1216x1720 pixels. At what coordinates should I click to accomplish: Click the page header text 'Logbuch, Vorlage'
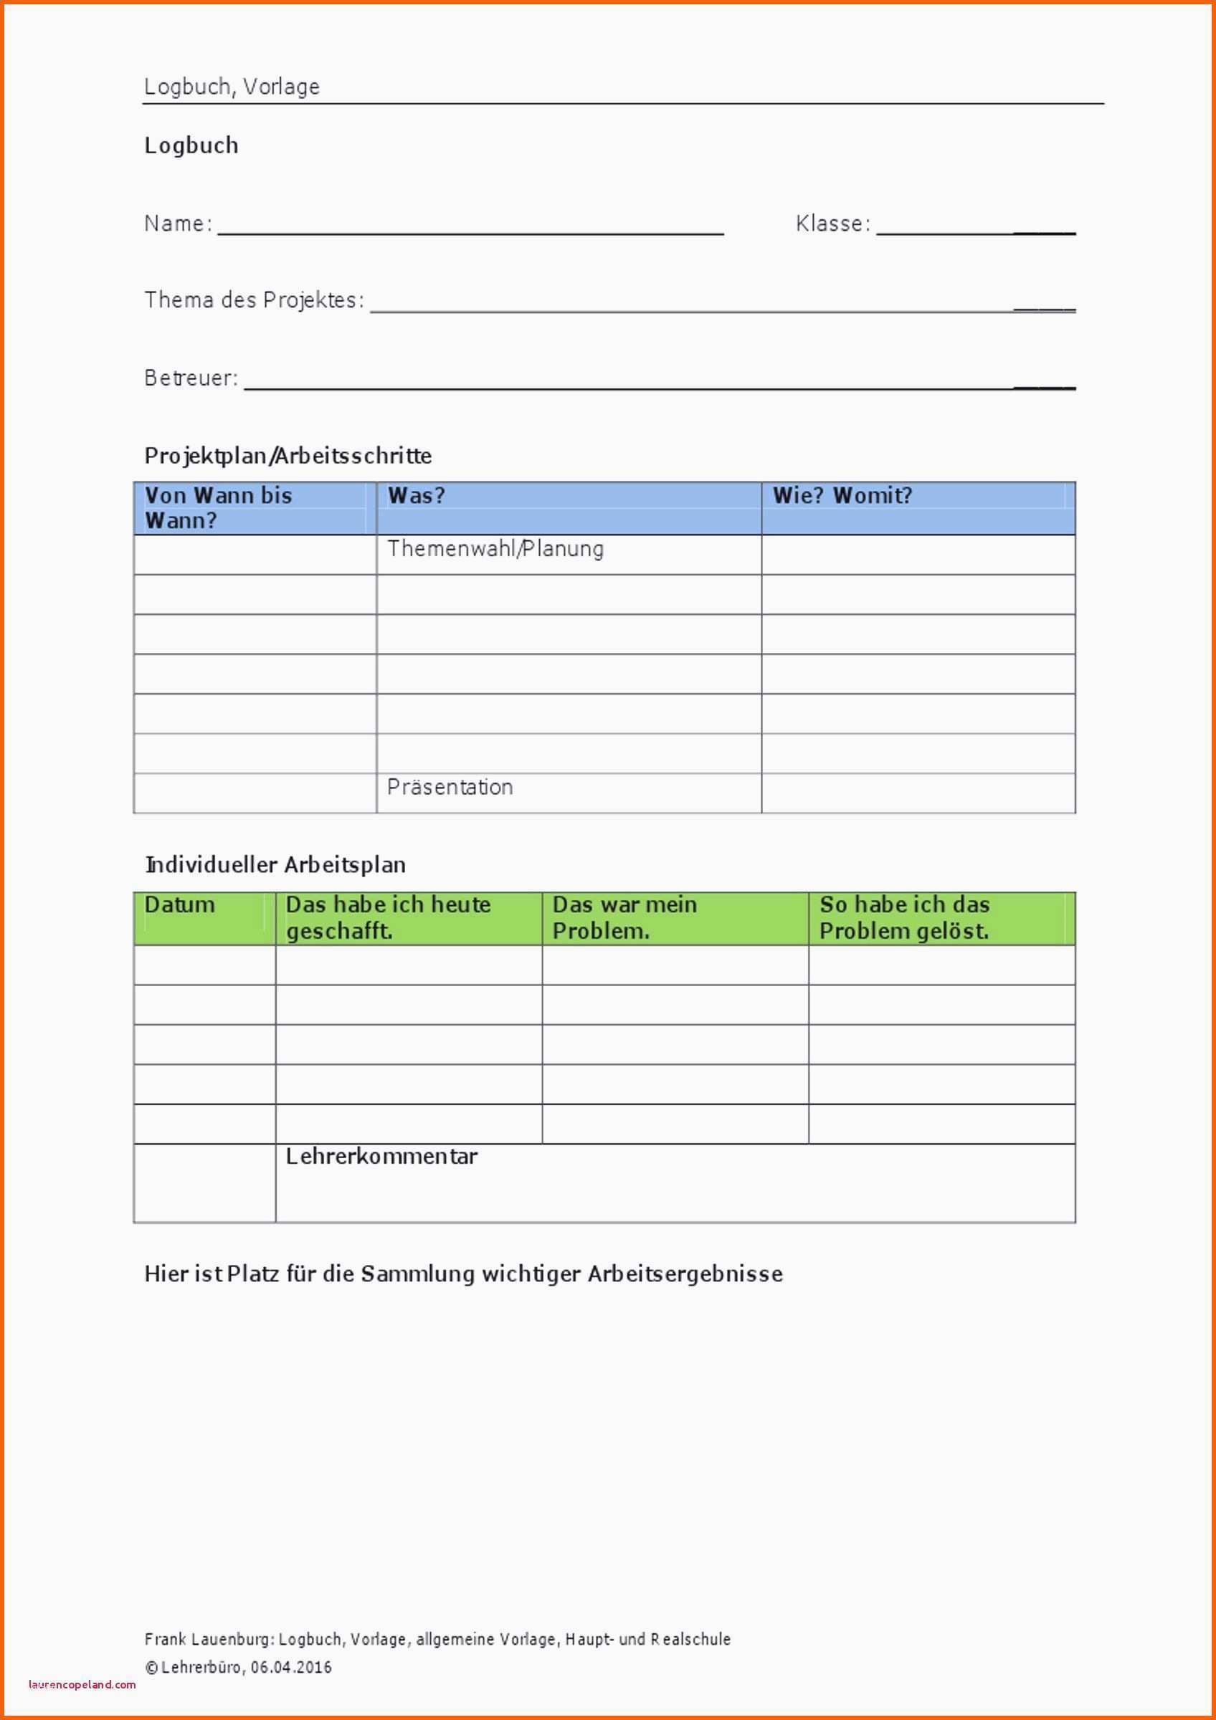coord(232,87)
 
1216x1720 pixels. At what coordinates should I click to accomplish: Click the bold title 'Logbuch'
coord(191,145)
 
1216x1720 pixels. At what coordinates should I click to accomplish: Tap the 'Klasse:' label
coord(832,223)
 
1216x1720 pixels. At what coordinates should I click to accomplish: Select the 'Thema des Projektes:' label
coord(254,300)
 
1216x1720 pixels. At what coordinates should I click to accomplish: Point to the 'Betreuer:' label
coord(191,378)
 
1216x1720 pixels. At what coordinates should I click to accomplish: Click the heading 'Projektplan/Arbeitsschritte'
coord(288,456)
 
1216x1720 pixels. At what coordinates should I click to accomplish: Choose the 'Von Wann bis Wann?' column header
coord(218,508)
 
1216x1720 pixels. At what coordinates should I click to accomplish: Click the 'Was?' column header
coord(417,496)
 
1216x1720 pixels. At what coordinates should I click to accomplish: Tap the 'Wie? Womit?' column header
coord(842,496)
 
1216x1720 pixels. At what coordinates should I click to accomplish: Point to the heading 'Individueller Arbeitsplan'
coord(275,864)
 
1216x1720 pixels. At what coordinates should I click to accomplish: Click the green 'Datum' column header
coord(179,905)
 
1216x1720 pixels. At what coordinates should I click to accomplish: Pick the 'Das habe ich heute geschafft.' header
coord(388,917)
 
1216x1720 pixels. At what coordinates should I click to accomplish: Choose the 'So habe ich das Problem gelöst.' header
coord(904,917)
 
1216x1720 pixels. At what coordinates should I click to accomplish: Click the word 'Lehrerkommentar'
coord(381,1157)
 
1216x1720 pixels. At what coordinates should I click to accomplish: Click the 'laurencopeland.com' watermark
coord(82,1685)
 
